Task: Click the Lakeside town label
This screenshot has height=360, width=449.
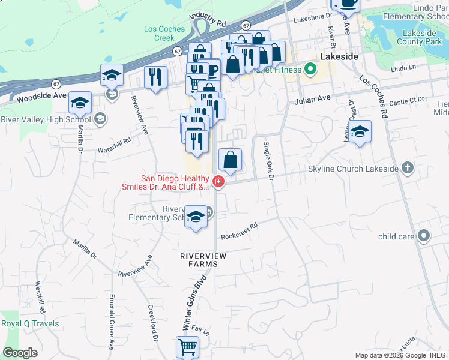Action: (x=339, y=56)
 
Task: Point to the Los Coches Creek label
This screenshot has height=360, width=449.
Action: (x=159, y=33)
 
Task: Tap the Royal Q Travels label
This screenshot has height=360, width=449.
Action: (x=30, y=324)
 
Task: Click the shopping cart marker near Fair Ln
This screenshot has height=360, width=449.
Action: (x=187, y=347)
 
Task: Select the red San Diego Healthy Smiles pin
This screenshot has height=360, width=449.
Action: (x=219, y=182)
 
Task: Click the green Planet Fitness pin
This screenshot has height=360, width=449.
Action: (x=310, y=69)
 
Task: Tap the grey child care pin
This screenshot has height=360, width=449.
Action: (x=424, y=236)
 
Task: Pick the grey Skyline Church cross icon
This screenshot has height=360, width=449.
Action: (x=408, y=168)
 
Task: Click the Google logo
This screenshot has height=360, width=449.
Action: (x=20, y=352)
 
